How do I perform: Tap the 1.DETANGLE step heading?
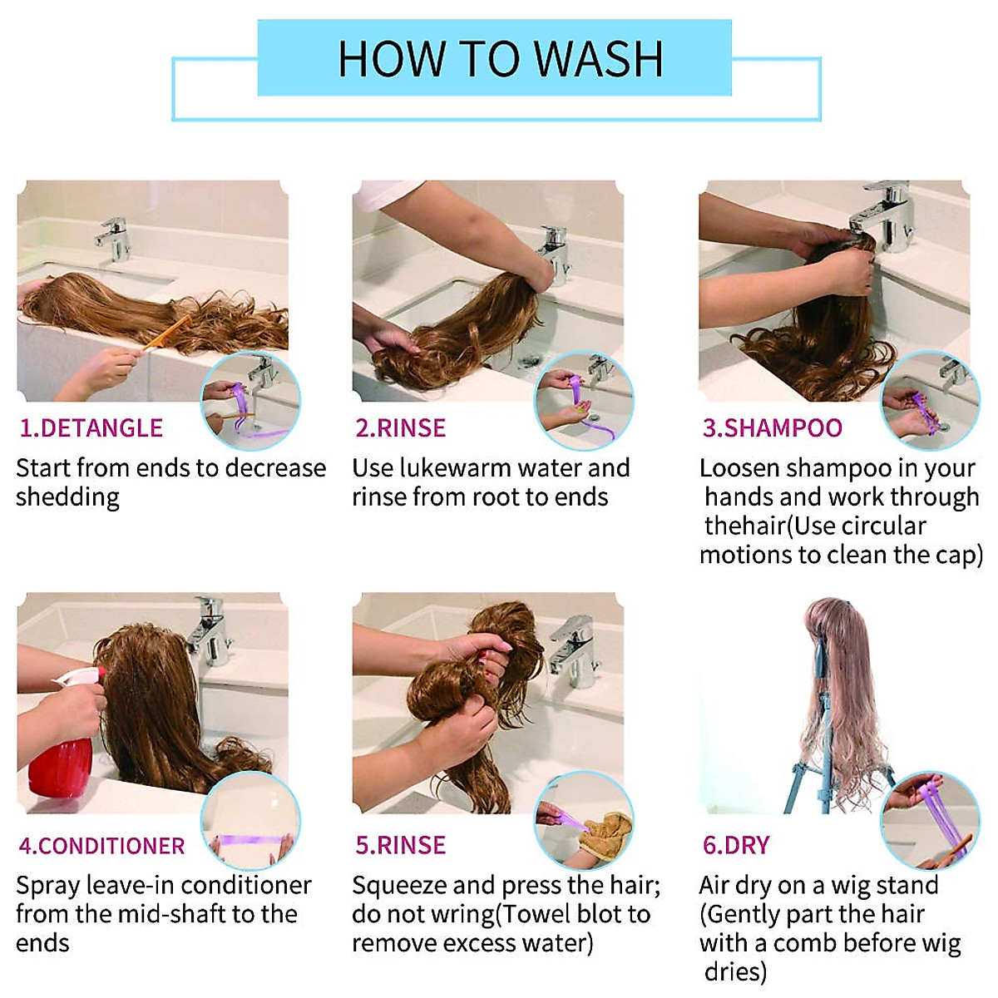(x=91, y=428)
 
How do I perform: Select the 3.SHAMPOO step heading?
(x=772, y=428)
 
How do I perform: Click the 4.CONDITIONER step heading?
(x=101, y=846)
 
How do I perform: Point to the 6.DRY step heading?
(x=735, y=845)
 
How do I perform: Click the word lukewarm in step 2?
(x=455, y=468)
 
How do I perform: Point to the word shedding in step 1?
(x=68, y=497)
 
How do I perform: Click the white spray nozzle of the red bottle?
(x=79, y=675)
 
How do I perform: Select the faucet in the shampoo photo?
(x=882, y=215)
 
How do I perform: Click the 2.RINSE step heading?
(x=400, y=428)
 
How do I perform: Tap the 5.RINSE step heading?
(x=400, y=845)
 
